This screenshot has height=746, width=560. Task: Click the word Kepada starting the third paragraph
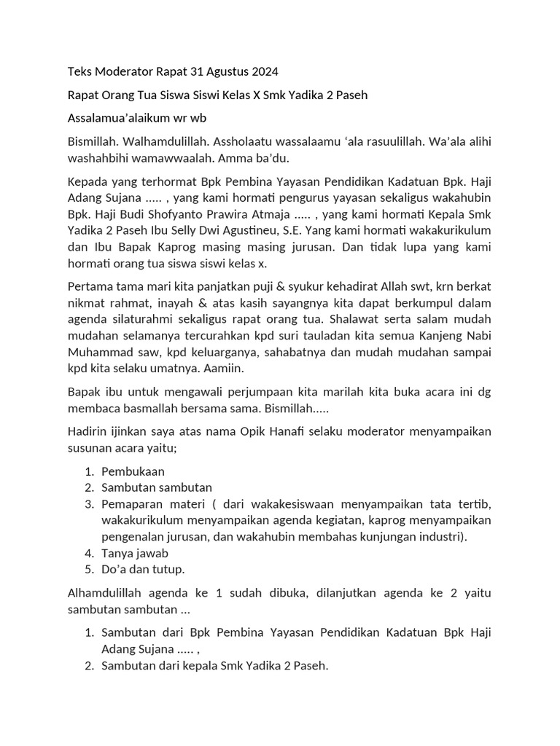89,181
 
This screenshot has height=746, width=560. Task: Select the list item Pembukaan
133,471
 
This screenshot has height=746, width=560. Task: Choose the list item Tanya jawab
135,553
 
